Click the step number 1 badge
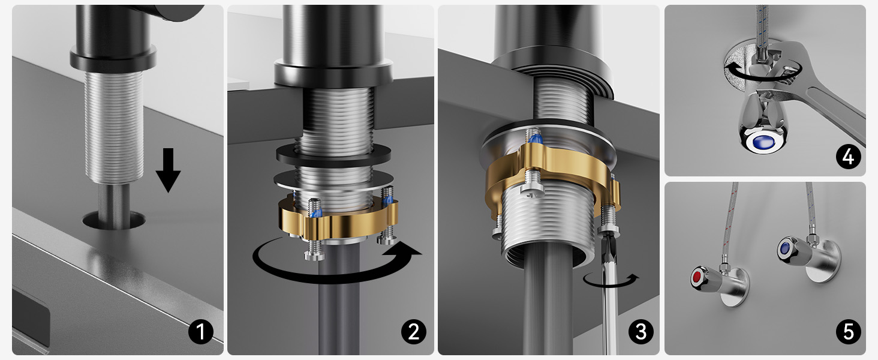201,332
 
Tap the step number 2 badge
414,332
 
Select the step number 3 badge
641,332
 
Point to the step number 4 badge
848,157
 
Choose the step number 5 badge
848,332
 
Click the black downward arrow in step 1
168,170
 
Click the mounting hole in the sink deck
114,220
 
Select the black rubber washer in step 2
333,155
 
